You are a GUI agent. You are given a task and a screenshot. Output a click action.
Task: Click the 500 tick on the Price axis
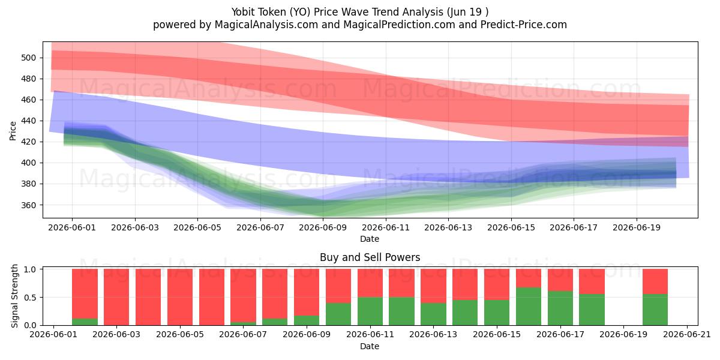(28, 58)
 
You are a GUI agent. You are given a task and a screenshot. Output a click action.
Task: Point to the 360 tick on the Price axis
(28, 205)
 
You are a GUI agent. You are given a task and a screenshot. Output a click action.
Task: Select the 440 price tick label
(28, 121)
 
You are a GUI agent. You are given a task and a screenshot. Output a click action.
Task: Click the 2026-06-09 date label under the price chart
(323, 227)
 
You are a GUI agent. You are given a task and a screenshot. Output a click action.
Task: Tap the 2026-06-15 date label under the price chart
(511, 227)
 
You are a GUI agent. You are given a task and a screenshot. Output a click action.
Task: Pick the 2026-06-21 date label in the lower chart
(687, 335)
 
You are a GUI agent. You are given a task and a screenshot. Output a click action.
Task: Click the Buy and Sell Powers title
(370, 257)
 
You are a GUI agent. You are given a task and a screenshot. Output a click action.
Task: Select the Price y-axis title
(13, 131)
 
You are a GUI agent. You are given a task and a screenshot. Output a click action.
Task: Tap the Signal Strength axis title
(14, 296)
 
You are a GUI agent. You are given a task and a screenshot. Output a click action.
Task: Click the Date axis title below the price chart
(370, 239)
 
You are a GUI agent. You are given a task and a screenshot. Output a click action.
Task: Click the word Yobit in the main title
(242, 12)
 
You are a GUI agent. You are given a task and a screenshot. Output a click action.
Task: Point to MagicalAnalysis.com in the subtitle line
(266, 25)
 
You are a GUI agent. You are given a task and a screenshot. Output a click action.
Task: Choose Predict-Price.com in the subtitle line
(524, 25)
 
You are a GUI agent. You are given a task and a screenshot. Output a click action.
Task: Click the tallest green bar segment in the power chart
(529, 307)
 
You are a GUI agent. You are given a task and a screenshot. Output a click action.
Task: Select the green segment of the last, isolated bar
(655, 310)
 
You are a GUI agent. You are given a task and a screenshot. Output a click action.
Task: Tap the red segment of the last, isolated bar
(655, 281)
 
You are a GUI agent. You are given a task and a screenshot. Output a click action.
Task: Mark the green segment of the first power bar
(85, 322)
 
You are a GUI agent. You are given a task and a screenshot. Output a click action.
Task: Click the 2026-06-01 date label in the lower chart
(53, 335)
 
